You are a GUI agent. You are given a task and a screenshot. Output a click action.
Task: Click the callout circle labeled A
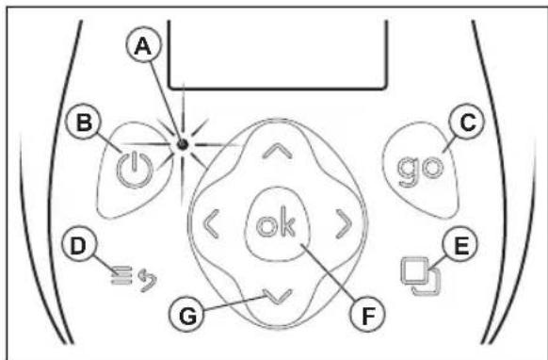coord(143,46)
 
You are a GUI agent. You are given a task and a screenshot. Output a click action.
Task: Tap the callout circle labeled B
coord(84,123)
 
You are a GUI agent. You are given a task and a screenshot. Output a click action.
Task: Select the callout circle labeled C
coord(467,123)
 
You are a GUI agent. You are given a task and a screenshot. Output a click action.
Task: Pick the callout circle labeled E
coord(459,245)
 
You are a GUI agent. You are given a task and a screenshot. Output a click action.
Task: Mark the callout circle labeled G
coord(186,315)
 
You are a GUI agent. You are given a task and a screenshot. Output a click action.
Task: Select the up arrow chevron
coord(277,151)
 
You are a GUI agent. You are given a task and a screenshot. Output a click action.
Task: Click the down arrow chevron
coord(277,297)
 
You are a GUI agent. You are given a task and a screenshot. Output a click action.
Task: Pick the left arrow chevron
coord(211,224)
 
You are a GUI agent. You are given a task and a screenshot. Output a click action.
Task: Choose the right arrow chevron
coord(344,224)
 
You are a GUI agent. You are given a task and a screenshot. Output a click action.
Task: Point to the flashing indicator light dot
coord(183,144)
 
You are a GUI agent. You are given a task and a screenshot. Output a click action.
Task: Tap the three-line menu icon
coord(121,275)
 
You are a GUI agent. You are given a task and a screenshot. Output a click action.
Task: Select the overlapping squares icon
coord(421,276)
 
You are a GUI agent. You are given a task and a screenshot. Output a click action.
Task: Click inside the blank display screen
coord(278,53)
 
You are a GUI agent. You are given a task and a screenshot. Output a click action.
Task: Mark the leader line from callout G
coord(234,303)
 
